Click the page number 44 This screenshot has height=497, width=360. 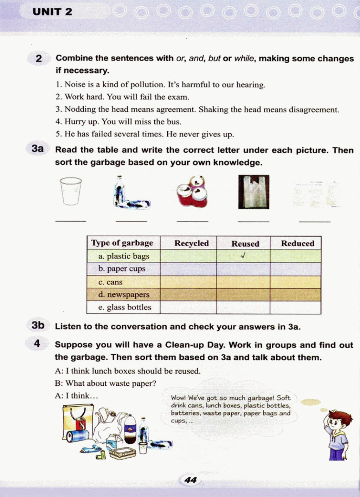(190, 480)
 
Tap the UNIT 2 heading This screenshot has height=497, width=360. (52, 12)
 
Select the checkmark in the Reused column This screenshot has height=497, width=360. (243, 256)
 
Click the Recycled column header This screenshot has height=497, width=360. (191, 243)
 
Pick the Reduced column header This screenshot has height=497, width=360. (297, 243)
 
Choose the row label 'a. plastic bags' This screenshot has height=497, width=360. (124, 256)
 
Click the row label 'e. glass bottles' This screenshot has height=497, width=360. (124, 307)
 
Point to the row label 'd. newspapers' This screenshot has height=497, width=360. (124, 295)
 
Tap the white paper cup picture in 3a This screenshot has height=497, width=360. (71, 191)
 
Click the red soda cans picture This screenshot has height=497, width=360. (192, 192)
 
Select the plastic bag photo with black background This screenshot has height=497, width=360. (253, 192)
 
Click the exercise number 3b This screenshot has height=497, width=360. (38, 325)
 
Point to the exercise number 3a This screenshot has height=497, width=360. (38, 149)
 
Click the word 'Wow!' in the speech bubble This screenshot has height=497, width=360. (178, 398)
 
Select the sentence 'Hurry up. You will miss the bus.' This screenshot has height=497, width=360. (118, 122)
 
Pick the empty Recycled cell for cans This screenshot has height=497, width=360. (188, 282)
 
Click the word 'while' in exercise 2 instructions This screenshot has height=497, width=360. (244, 58)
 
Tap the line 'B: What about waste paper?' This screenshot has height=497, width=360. (105, 383)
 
